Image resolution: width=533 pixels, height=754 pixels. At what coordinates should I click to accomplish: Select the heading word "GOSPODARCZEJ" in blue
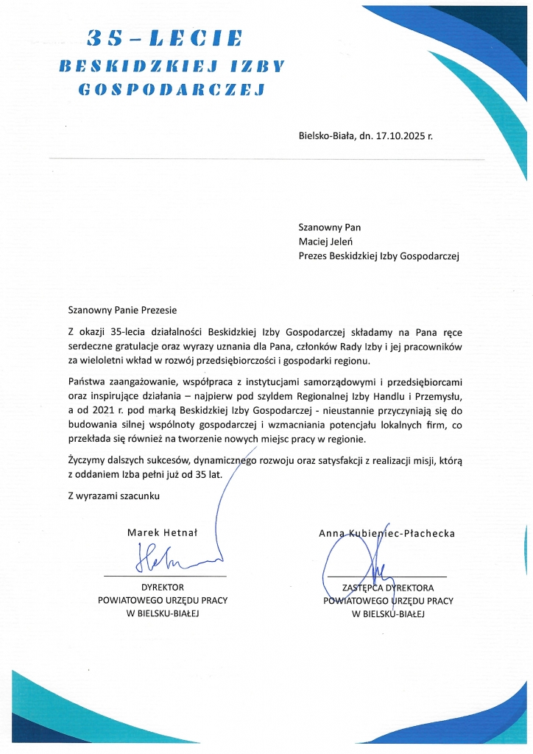point(170,90)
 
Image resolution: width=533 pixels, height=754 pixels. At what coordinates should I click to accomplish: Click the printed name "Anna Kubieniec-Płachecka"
point(386,532)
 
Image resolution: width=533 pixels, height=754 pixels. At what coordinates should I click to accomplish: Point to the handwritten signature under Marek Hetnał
point(163,559)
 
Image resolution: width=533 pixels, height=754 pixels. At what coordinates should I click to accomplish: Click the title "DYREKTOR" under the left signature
point(163,588)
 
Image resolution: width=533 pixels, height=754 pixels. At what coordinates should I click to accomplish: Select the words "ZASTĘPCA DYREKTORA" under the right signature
point(388,588)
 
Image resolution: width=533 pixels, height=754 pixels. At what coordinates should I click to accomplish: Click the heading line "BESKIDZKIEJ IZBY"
point(170,64)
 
